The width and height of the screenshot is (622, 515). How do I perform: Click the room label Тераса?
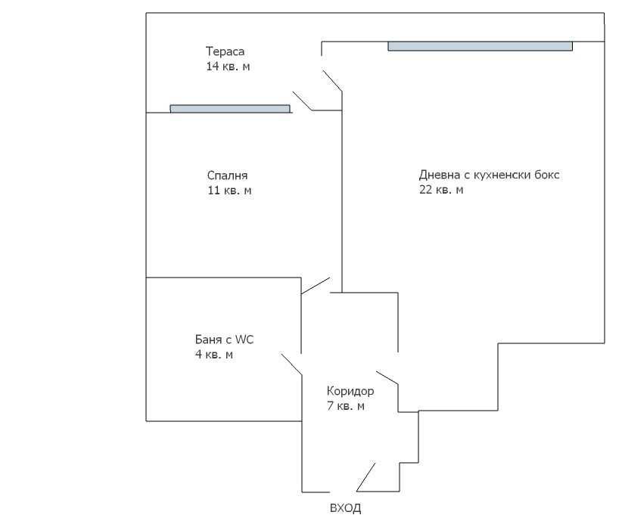point(225,51)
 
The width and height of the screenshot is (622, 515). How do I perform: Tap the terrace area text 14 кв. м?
point(228,67)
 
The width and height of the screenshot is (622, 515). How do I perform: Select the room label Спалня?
point(227,175)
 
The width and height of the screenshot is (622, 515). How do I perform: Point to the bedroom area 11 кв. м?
point(229,191)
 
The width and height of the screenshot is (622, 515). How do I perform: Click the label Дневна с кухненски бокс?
point(489,175)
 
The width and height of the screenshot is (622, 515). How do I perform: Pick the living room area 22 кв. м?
point(441,190)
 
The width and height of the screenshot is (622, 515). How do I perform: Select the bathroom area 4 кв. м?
point(213,354)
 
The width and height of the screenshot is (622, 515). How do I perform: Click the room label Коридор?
point(350,391)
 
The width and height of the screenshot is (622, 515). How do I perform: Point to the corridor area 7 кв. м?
point(346,406)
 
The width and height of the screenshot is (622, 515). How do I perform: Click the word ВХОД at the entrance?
point(345,507)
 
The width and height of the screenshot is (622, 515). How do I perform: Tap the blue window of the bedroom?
point(230,109)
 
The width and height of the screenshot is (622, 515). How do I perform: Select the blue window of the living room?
point(480,46)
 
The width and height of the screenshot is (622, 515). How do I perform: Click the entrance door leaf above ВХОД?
point(365,477)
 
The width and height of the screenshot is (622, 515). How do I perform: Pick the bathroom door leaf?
point(291,363)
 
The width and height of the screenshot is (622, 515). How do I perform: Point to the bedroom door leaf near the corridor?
point(316,285)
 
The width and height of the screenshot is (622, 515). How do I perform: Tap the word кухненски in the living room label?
point(504,175)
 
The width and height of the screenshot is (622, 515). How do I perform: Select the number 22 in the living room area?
point(425,190)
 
